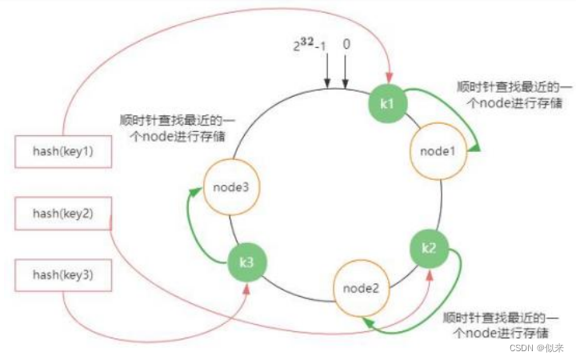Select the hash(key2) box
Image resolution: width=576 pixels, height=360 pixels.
tap(62, 214)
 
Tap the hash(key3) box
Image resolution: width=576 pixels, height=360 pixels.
tap(62, 274)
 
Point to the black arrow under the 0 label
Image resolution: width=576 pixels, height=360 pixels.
tap(346, 82)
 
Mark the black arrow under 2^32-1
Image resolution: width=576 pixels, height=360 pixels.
tap(326, 82)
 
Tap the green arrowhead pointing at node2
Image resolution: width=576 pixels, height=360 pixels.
tap(366, 320)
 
